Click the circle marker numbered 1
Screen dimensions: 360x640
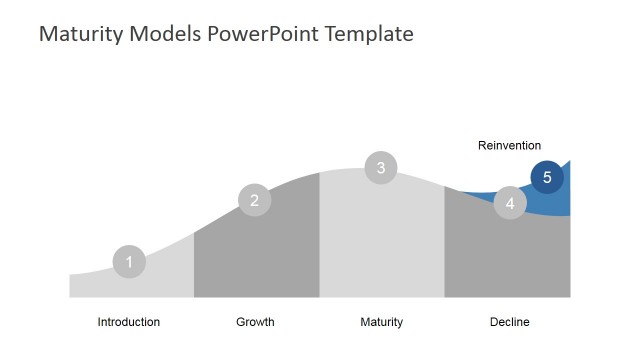pyautogui.click(x=129, y=262)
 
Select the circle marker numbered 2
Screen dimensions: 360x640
pyautogui.click(x=255, y=200)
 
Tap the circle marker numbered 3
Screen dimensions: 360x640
pyautogui.click(x=381, y=168)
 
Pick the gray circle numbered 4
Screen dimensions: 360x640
pyautogui.click(x=510, y=203)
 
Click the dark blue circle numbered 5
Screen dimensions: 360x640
pyautogui.click(x=547, y=177)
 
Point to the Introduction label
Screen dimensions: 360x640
pyautogui.click(x=129, y=322)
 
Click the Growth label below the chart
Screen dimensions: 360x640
pyautogui.click(x=255, y=322)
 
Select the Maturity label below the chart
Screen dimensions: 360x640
pyautogui.click(x=381, y=322)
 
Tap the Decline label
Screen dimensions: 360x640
pyautogui.click(x=510, y=322)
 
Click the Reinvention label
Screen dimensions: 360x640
pyautogui.click(x=509, y=146)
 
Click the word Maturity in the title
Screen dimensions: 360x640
pyautogui.click(x=77, y=34)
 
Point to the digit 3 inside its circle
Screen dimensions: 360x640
pyautogui.click(x=381, y=168)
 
